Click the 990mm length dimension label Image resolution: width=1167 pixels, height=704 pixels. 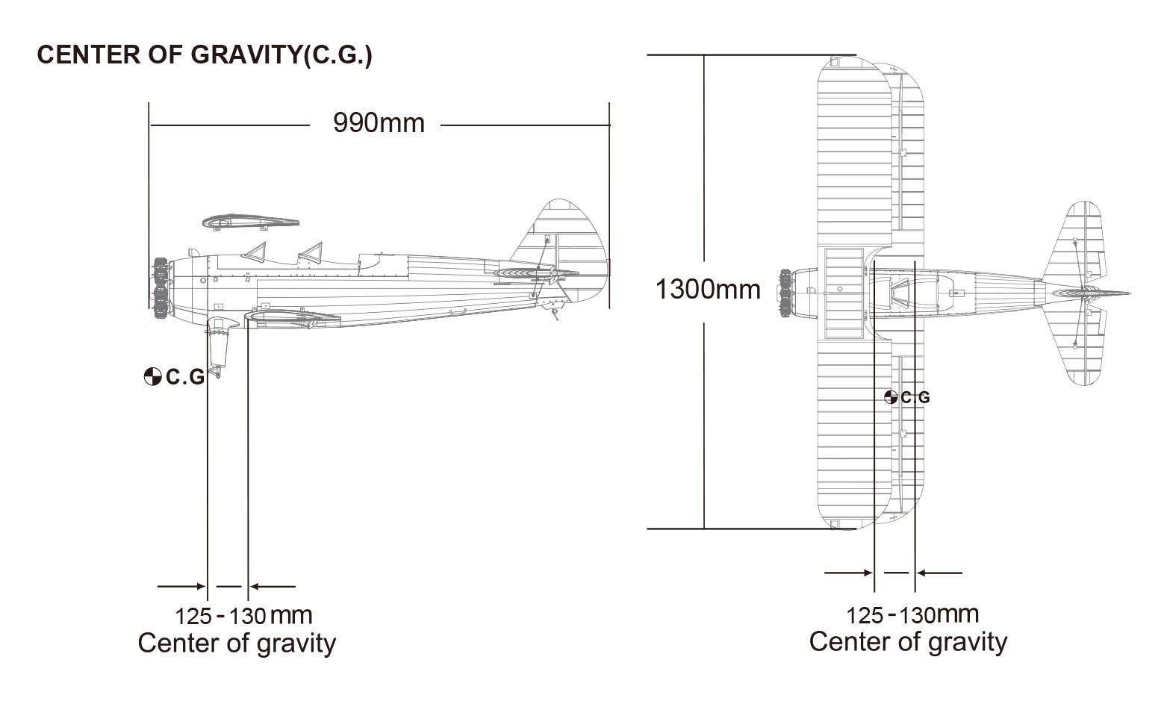pos(379,123)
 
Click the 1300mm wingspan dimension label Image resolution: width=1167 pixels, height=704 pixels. pos(708,289)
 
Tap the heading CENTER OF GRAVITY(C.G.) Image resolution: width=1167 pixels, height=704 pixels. pos(205,54)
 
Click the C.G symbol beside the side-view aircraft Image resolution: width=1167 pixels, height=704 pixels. pos(152,376)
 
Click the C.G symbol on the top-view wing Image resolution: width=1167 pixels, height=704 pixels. pos(891,398)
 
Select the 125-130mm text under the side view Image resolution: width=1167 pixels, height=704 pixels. pos(243,616)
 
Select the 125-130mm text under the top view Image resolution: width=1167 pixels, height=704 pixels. pos(912,615)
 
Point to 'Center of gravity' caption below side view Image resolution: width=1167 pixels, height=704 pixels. pos(237,644)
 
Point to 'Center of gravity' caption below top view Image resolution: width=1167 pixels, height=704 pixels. pos(908,642)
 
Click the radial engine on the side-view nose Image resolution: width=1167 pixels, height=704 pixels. pos(161,288)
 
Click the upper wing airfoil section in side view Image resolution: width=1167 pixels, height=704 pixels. pos(251,222)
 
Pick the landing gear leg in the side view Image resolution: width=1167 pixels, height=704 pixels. pos(218,346)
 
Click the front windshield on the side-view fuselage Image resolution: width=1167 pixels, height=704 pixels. pos(255,252)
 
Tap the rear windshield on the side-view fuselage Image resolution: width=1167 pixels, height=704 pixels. pos(311,252)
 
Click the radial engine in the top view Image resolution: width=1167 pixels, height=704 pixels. pos(785,293)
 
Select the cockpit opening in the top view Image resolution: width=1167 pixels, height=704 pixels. pos(900,296)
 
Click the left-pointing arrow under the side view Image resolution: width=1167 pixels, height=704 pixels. pos(273,586)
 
